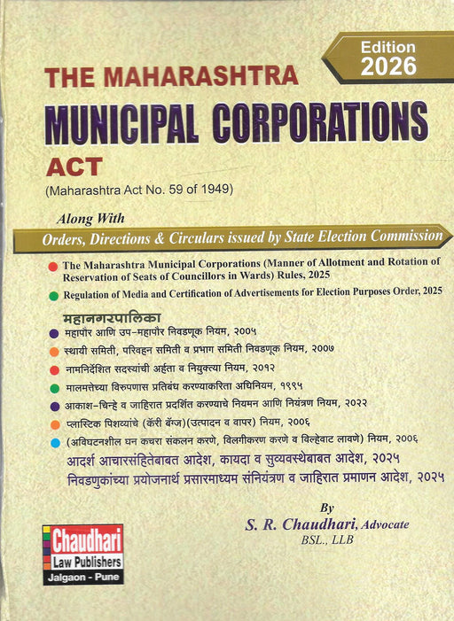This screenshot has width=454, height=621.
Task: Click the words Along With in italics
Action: (x=90, y=218)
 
